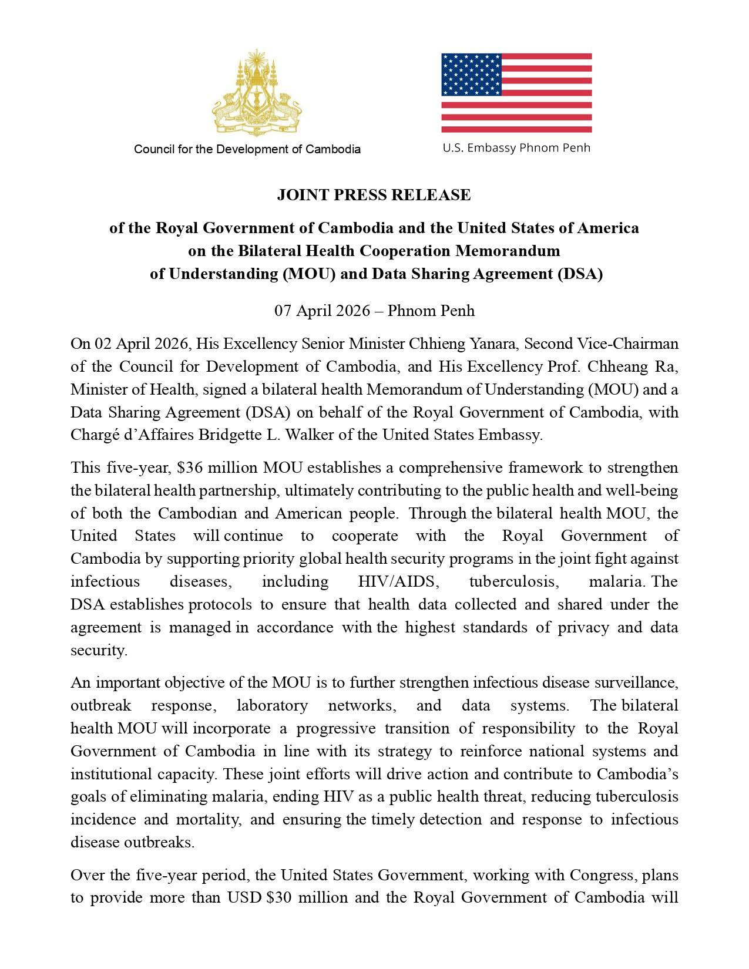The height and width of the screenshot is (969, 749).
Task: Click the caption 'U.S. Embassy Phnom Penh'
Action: (x=516, y=148)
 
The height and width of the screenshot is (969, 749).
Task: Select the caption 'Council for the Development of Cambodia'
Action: (x=247, y=149)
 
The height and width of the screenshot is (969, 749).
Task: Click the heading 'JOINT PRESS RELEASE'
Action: (x=374, y=195)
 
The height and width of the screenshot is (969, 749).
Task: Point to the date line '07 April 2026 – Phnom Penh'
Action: (x=374, y=310)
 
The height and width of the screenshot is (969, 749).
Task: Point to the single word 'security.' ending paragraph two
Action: (x=99, y=651)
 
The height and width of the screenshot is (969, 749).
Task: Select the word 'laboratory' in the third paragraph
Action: (x=272, y=706)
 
